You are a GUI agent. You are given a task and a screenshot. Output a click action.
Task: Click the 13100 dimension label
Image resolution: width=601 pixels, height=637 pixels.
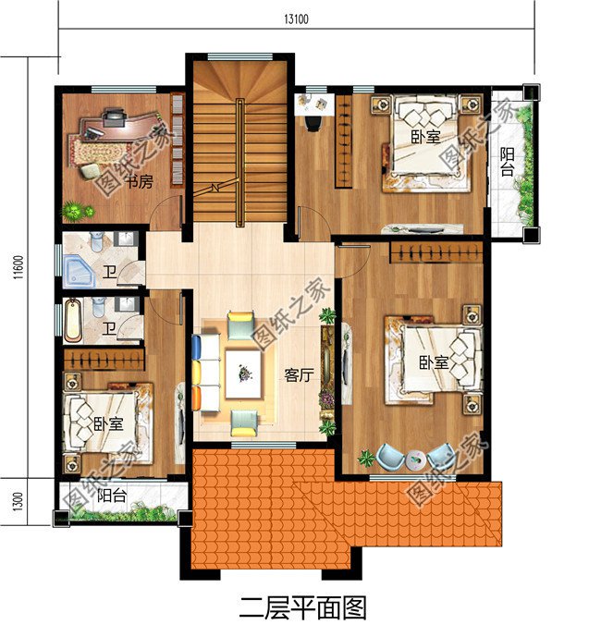[296, 19]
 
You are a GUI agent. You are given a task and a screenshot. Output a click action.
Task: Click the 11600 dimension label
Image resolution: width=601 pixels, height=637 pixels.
[18, 267]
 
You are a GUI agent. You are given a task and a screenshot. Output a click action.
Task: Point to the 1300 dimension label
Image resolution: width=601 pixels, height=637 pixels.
[18, 502]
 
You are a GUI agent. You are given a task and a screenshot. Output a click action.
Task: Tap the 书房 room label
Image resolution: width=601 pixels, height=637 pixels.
[140, 181]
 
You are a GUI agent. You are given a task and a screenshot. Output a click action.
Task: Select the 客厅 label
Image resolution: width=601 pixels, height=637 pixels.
[299, 375]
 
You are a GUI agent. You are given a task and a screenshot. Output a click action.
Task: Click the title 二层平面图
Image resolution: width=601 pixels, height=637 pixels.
[302, 607]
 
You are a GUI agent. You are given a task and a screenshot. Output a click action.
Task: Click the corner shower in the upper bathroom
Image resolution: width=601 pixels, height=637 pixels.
[79, 271]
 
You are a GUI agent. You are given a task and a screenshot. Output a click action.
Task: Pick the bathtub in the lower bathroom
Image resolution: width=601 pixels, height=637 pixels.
[73, 319]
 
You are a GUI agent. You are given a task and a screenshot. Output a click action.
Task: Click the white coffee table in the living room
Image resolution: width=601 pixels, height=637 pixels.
[243, 374]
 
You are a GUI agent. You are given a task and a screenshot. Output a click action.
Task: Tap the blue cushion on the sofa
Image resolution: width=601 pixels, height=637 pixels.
[197, 349]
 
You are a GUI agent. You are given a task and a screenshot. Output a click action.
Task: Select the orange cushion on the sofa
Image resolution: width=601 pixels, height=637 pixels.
[196, 398]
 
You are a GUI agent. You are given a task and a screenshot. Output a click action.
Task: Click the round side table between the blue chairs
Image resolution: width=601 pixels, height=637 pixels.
[416, 459]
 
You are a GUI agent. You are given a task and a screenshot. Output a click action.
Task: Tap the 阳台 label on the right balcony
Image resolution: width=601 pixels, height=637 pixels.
[507, 161]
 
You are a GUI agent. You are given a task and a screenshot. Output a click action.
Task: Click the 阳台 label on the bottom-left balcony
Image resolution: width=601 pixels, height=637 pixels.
[112, 496]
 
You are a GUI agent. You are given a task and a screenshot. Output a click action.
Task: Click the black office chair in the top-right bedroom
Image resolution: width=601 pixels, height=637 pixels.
[313, 123]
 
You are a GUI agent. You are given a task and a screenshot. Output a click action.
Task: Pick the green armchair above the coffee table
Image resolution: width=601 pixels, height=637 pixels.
[241, 325]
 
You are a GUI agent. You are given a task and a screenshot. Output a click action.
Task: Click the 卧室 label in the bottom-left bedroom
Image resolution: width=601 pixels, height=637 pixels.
[108, 423]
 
